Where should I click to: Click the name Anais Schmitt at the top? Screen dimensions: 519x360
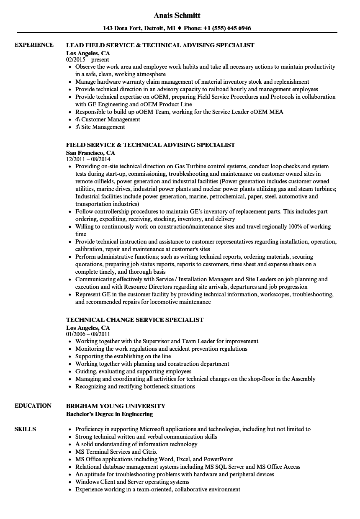(x=177, y=15)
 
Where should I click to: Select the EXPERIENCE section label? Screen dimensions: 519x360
(x=34, y=45)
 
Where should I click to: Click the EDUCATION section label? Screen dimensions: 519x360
(x=33, y=406)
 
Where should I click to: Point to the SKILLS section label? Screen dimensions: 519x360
(x=25, y=429)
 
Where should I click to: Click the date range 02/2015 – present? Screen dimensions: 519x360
(x=87, y=60)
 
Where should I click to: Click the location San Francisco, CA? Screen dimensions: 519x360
(x=90, y=153)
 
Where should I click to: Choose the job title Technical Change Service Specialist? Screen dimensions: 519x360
(x=135, y=320)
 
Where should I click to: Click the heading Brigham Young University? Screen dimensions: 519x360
(x=116, y=406)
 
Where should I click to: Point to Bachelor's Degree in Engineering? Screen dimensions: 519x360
(x=109, y=414)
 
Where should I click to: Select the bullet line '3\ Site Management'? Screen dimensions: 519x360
(x=100, y=127)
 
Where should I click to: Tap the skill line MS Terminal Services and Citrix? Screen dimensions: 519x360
(x=116, y=452)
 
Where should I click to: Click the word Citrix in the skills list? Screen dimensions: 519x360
(x=149, y=452)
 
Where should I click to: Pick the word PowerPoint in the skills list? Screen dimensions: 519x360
(x=219, y=459)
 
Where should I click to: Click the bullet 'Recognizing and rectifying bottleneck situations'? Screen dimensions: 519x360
(x=135, y=386)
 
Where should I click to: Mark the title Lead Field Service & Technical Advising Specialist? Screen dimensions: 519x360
(x=160, y=45)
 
